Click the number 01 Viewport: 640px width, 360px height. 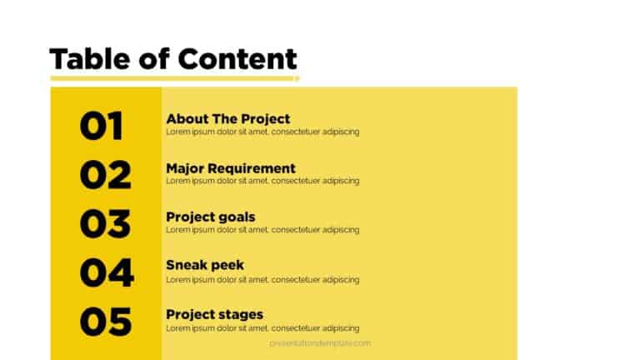coord(101,126)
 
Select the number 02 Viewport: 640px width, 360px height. coord(105,175)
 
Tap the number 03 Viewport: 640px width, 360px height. coord(105,223)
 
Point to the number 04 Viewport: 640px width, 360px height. coord(106,272)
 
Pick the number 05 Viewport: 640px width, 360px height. coord(105,321)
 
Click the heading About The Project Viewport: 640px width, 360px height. coord(227,119)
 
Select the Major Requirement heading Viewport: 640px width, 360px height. coord(230,168)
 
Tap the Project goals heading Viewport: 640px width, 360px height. coord(210,217)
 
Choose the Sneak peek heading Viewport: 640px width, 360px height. coord(205,266)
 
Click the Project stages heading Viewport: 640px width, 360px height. coord(214,314)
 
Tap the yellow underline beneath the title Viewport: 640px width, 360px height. coord(174,79)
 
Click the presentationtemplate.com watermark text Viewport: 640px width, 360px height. coord(320,342)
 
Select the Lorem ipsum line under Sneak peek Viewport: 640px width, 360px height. coord(262,279)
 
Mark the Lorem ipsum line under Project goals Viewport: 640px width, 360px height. coord(262,230)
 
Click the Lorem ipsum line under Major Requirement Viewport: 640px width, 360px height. coord(262,181)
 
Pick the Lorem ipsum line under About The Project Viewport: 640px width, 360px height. coord(262,132)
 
